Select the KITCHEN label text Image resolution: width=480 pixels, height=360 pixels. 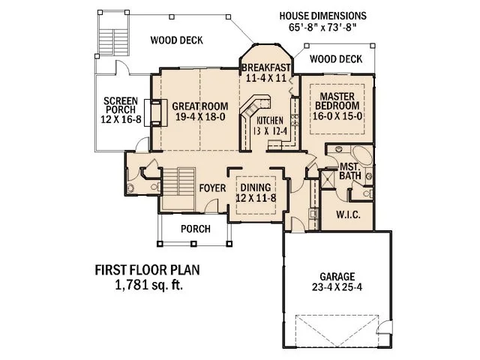(271, 121)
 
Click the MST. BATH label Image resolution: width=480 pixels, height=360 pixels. (351, 170)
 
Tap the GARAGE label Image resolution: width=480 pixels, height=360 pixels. (336, 276)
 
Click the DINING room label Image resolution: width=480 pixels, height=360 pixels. (253, 187)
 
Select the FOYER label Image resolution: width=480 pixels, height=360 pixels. (213, 187)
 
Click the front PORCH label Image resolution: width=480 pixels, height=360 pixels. (196, 229)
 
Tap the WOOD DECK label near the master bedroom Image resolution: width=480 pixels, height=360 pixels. (335, 58)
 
